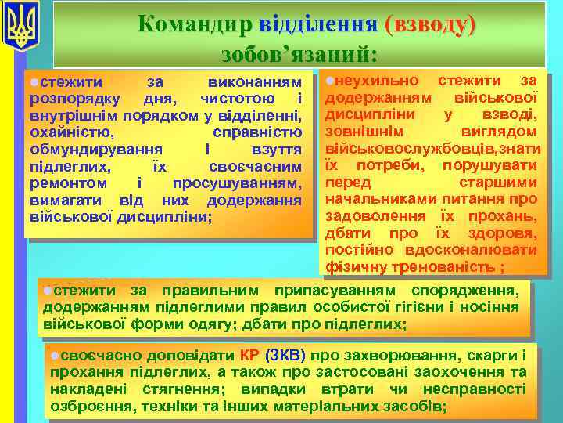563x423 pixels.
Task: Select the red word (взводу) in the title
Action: pyautogui.click(x=429, y=24)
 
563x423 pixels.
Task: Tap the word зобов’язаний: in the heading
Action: pyautogui.click(x=299, y=53)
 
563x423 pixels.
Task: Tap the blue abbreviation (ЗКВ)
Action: pyautogui.click(x=285, y=355)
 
